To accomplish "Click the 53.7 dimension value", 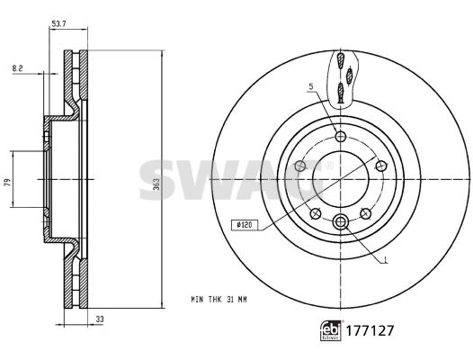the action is pos(58,24).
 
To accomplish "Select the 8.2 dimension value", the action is pos(17,68).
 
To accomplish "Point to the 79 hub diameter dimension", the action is pos(8,182).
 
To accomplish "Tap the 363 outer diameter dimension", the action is pos(156,184).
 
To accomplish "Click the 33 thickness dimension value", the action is pos(100,319).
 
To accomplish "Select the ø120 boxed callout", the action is pos(245,225).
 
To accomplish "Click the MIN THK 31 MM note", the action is pos(219,300).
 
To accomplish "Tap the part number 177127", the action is pos(370,330).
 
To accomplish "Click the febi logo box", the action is pos(331,330).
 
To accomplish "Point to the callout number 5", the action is pos(311,86).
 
